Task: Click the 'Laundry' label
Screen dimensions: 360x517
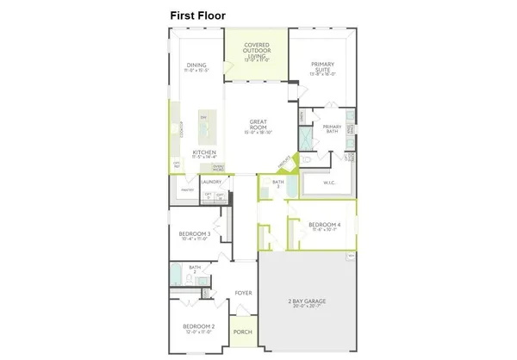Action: [212, 182]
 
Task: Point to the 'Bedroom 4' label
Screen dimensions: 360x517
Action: [324, 227]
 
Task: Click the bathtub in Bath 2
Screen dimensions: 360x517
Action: [177, 278]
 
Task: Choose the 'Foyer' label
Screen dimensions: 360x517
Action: [244, 293]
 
